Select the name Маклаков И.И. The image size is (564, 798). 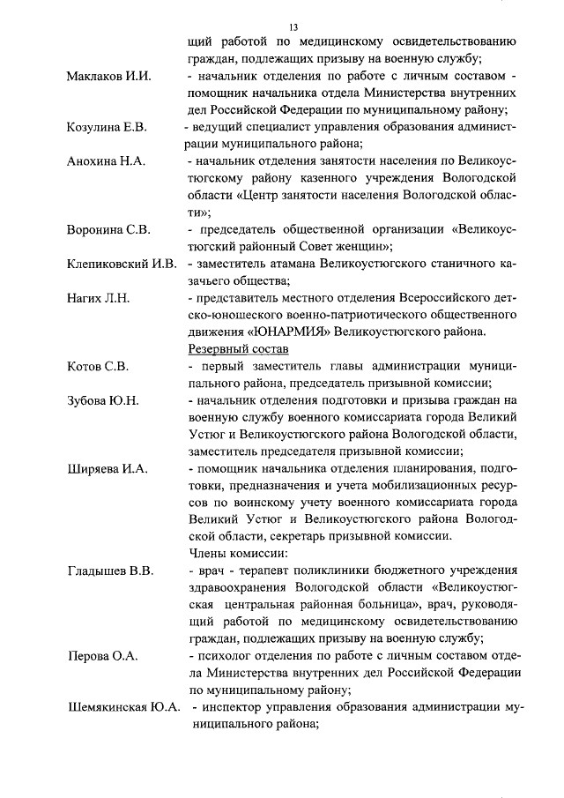[110, 77]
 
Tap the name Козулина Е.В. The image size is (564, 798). [106, 128]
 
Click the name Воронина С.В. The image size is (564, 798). [108, 230]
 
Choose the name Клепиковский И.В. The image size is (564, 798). [122, 265]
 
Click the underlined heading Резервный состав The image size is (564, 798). [232, 350]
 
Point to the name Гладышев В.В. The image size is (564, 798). [110, 571]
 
